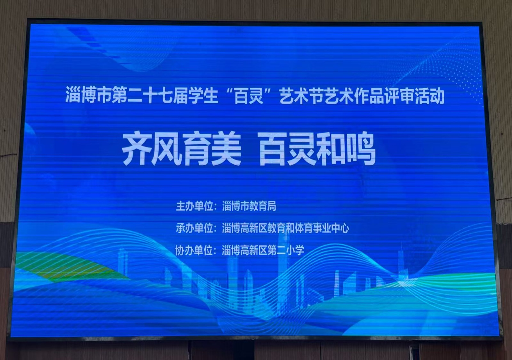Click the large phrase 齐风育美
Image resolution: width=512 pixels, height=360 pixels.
pos(182,149)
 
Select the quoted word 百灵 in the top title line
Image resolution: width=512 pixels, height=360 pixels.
pos(249,96)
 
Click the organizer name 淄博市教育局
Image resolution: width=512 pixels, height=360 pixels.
pos(249,206)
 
